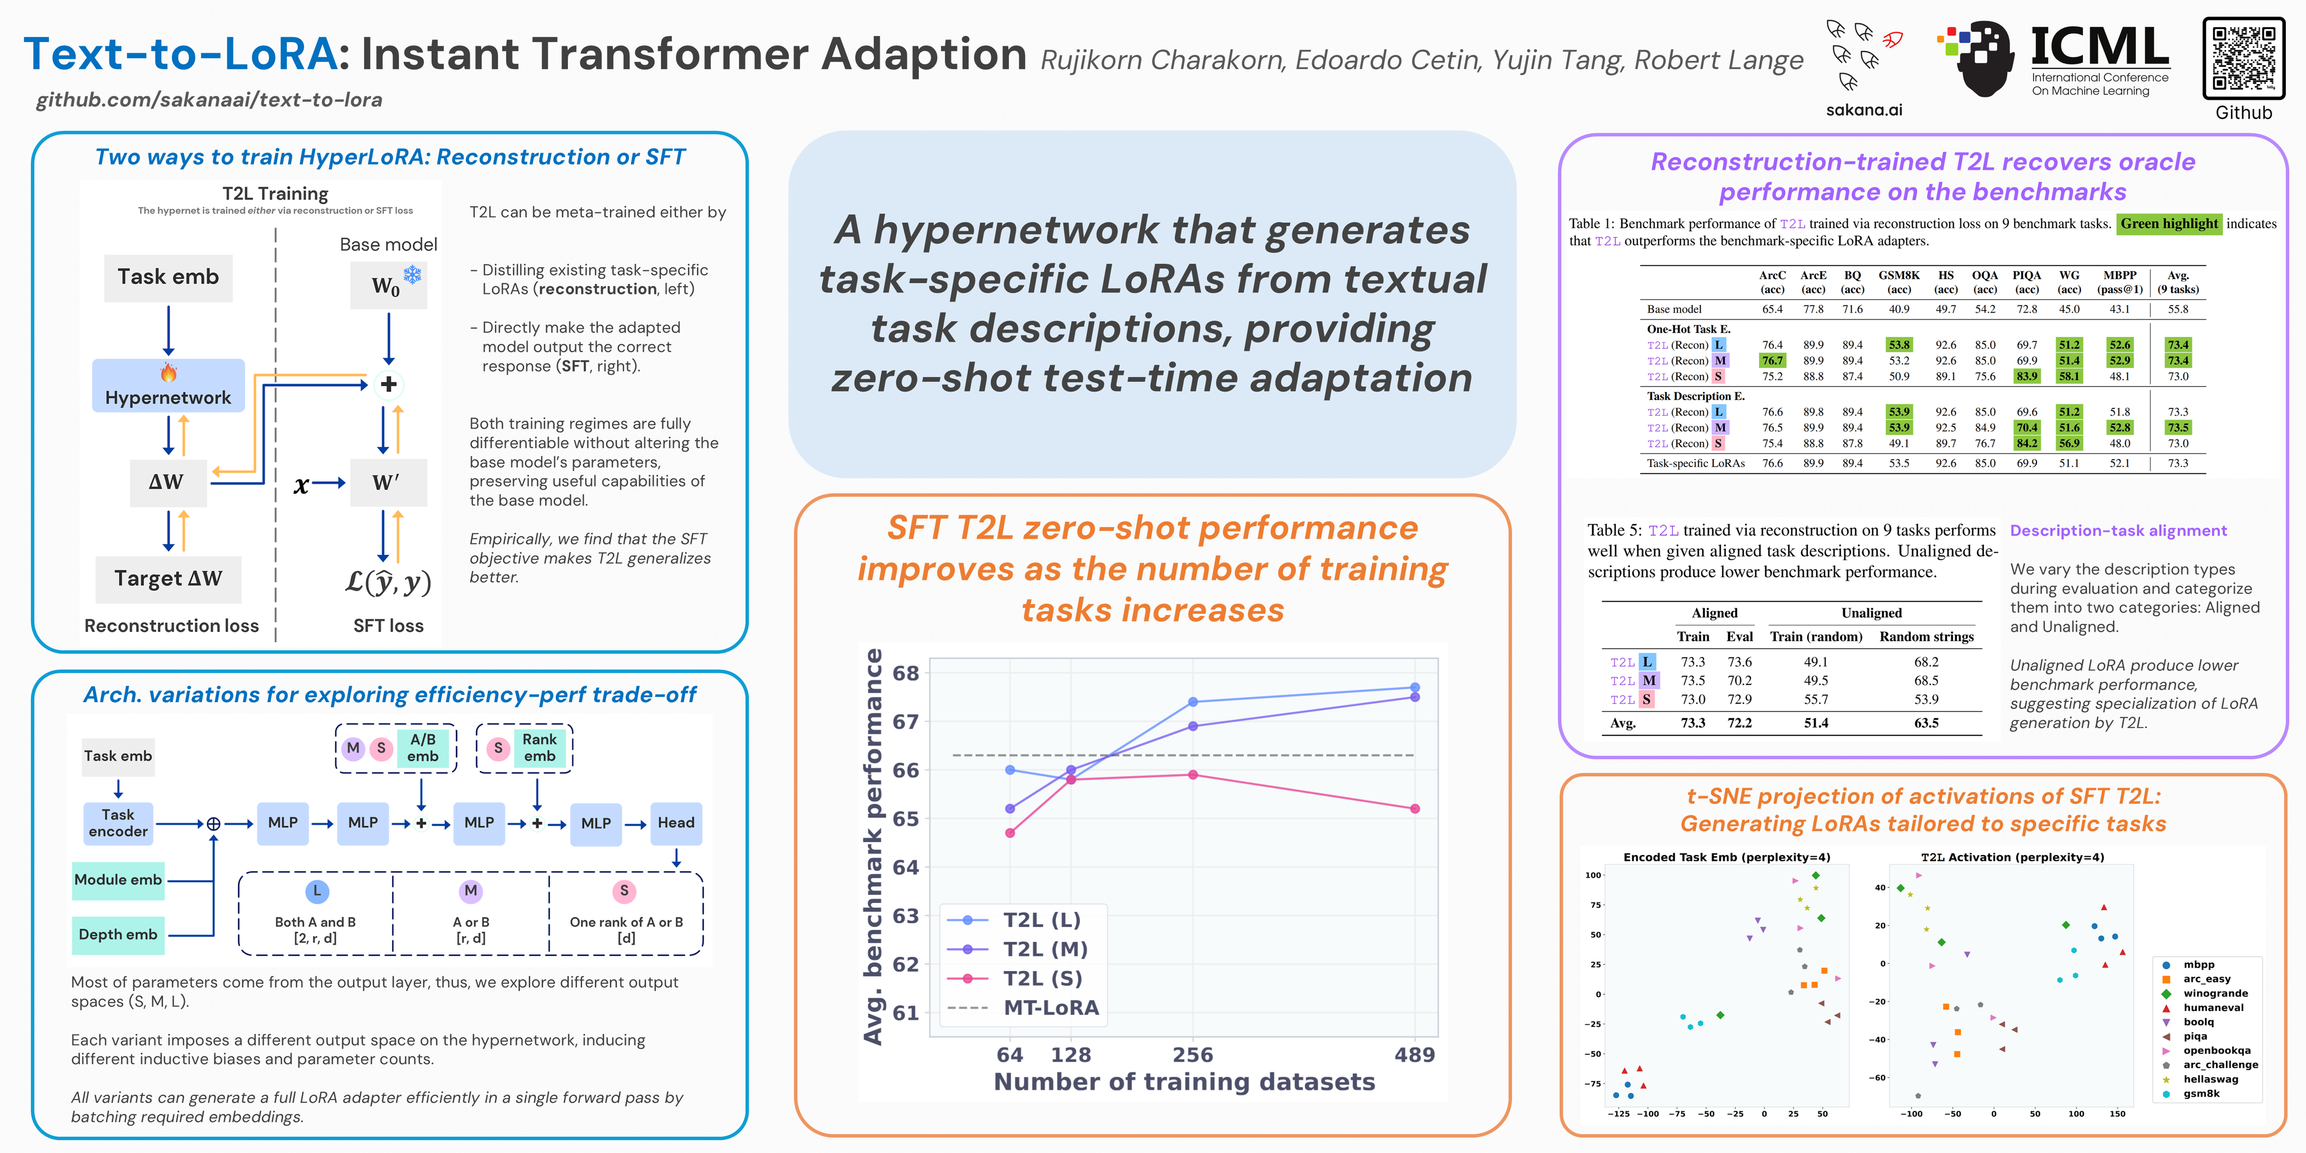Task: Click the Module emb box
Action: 118,879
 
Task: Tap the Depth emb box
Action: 118,934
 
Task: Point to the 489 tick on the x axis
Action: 1414,1054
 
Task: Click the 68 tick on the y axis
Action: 906,673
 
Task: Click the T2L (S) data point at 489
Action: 1414,808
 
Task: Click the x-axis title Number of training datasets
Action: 1185,1081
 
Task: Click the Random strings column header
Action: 1926,636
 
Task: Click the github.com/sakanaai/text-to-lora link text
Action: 209,100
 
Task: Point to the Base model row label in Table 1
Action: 1674,309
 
